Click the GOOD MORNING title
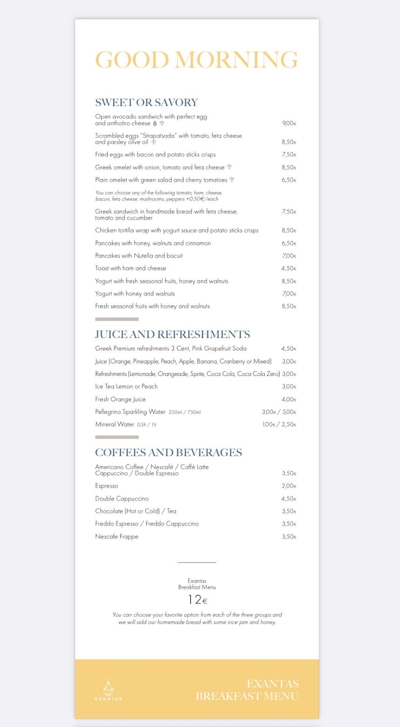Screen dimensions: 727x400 196,60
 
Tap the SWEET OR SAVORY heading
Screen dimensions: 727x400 146,102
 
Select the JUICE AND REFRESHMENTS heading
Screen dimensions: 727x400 172,334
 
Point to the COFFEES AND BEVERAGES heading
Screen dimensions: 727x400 168,452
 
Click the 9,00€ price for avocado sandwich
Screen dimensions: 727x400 289,123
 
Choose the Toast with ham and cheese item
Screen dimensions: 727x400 130,268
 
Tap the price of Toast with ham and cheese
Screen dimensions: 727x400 289,268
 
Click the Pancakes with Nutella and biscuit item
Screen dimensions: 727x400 139,256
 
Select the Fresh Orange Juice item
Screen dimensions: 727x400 120,399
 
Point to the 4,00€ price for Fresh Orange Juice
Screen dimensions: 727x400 289,399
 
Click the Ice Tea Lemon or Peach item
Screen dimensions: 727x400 126,386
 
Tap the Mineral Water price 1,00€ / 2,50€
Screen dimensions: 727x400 279,424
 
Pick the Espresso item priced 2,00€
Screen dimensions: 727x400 107,486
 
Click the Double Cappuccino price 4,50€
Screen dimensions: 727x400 289,499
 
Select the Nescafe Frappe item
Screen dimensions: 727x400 117,537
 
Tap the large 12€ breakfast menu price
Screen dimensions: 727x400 197,600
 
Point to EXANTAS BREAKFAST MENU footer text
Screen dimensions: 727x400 247,690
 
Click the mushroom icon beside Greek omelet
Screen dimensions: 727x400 229,167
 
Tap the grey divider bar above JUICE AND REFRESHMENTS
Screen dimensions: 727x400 117,319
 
